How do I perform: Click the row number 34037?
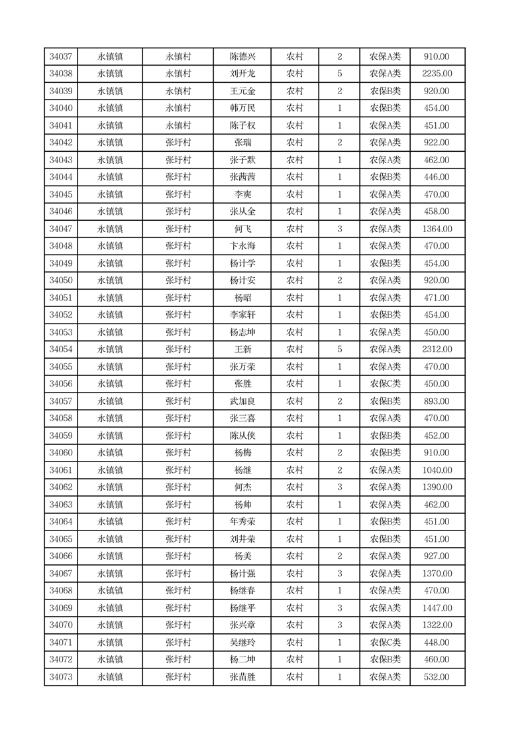click(61, 56)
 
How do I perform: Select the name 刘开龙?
click(242, 74)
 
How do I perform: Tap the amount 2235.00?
click(437, 74)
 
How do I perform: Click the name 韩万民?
click(242, 108)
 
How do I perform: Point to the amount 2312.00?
click(437, 349)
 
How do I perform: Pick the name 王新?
click(242, 349)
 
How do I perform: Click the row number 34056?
click(61, 384)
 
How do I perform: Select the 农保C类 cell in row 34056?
click(385, 384)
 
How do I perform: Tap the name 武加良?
click(242, 401)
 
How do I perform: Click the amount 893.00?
click(437, 401)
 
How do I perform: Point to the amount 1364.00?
click(437, 229)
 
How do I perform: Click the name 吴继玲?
click(242, 643)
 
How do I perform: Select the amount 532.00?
click(437, 677)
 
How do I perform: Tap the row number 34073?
click(61, 677)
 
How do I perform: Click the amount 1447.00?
click(437, 608)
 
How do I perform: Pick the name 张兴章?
click(242, 625)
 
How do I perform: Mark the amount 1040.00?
click(437, 470)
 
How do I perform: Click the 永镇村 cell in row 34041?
click(178, 125)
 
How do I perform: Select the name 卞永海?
click(242, 246)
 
